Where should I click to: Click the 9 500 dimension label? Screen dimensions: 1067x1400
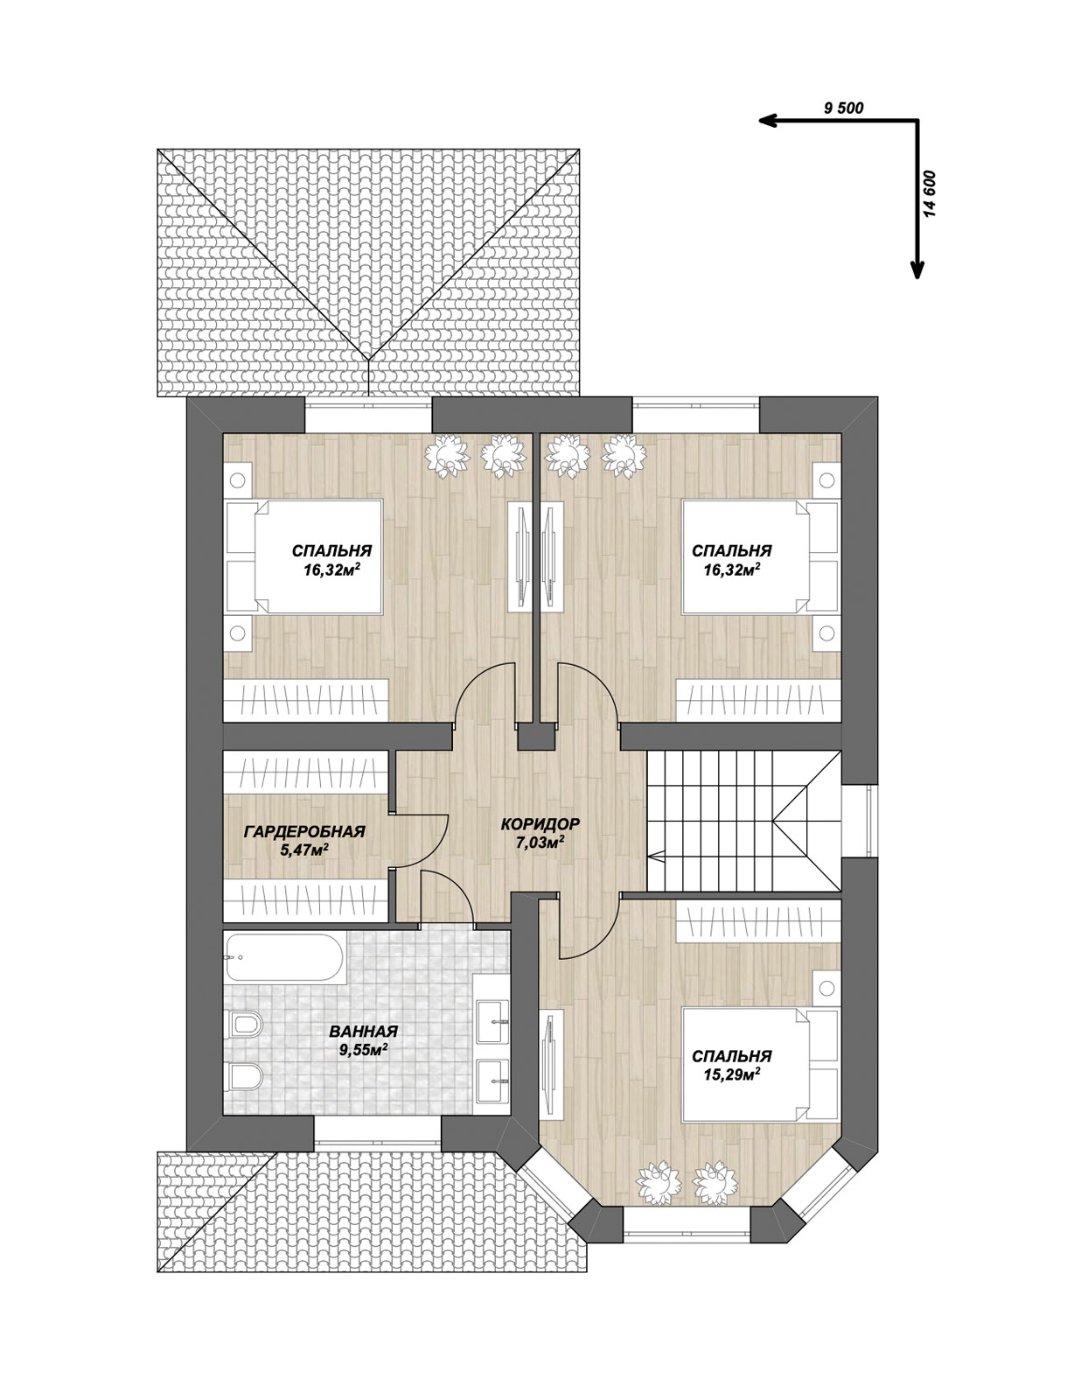(843, 108)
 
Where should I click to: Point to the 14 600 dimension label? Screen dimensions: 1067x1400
(932, 194)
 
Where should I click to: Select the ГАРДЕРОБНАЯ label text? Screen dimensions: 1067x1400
(304, 832)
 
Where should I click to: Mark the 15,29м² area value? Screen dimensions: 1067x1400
(732, 1074)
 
